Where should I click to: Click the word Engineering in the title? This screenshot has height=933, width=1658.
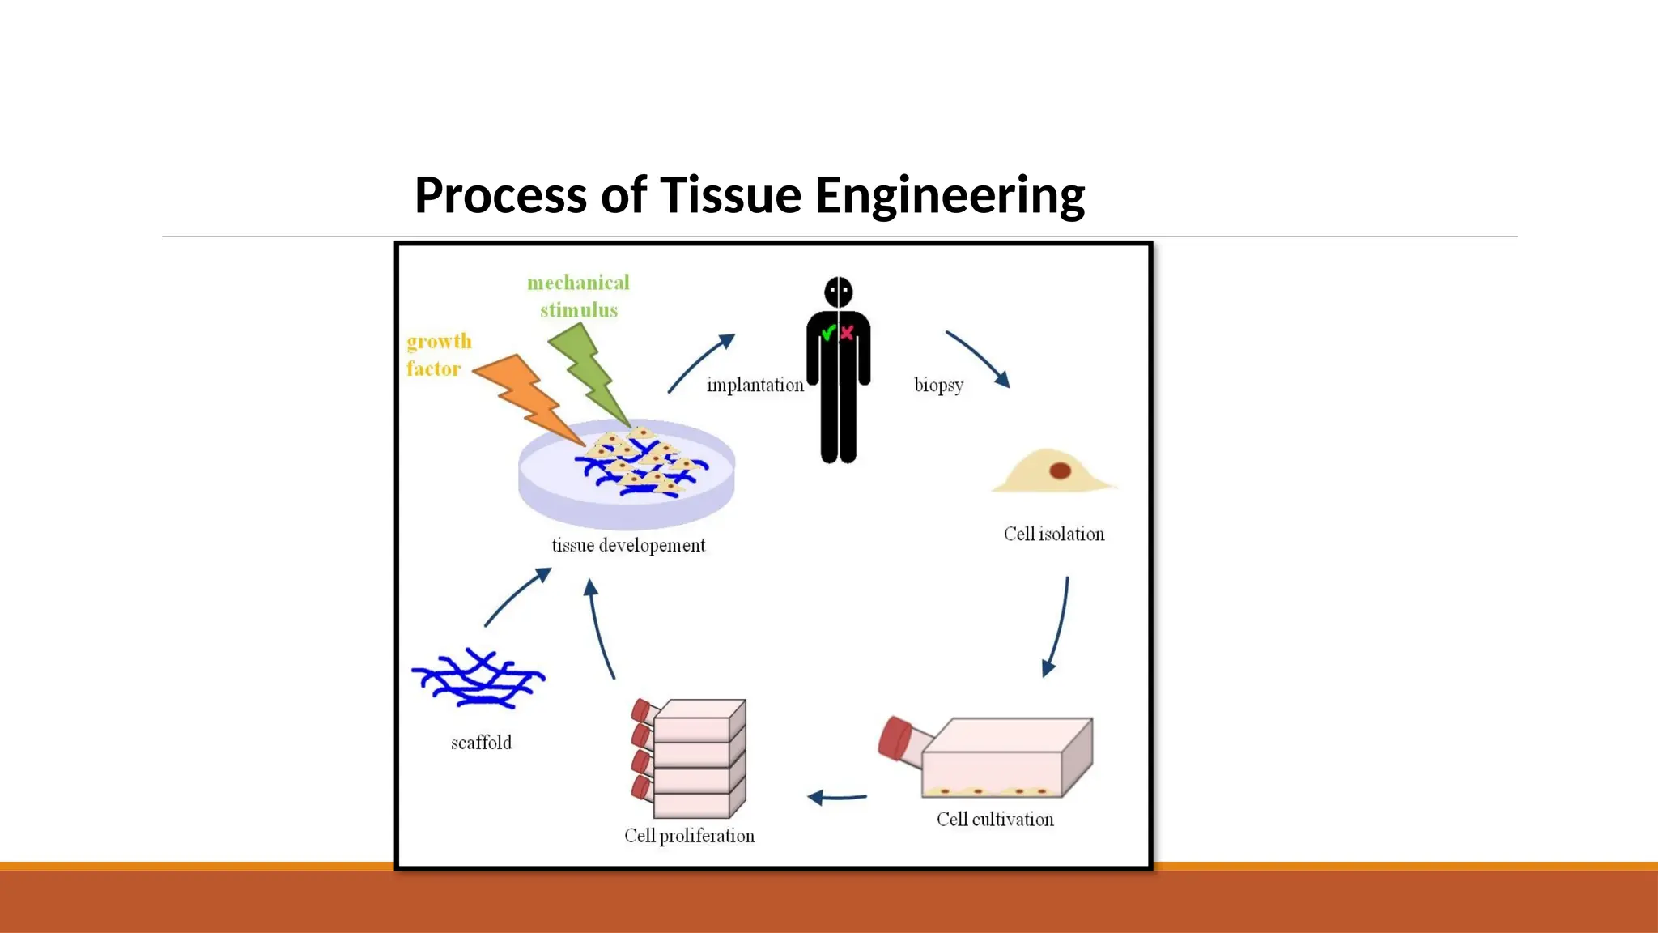949,196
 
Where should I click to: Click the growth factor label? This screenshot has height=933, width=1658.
438,355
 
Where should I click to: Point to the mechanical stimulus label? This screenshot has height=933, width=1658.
578,296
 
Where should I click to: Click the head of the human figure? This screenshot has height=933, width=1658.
839,292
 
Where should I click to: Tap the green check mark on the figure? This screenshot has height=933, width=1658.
828,333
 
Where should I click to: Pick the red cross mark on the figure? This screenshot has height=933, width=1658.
847,333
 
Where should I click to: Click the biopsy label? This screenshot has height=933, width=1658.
938,385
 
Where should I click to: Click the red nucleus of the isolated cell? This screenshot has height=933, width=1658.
1060,471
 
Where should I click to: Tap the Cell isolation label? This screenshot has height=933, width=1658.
1053,535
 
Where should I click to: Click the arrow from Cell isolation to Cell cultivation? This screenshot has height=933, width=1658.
1058,628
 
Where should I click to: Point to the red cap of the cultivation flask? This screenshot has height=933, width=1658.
895,738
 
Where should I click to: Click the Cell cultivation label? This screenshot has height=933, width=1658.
995,820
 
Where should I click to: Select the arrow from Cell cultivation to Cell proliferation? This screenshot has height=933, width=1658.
837,798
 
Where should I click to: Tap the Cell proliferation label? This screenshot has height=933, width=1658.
689,836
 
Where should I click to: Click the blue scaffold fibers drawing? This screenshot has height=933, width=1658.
478,679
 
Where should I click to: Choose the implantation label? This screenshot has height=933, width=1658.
755,386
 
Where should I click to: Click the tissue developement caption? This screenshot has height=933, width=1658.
628,546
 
